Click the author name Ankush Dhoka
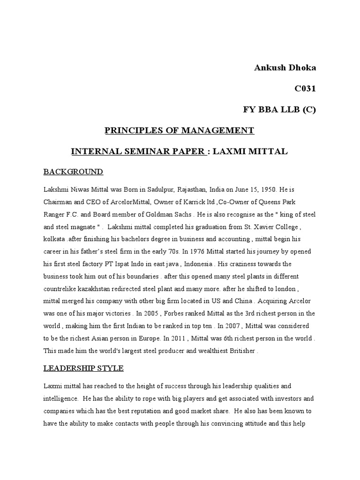click(285, 67)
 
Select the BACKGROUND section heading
click(73, 172)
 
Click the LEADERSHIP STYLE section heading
click(83, 368)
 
